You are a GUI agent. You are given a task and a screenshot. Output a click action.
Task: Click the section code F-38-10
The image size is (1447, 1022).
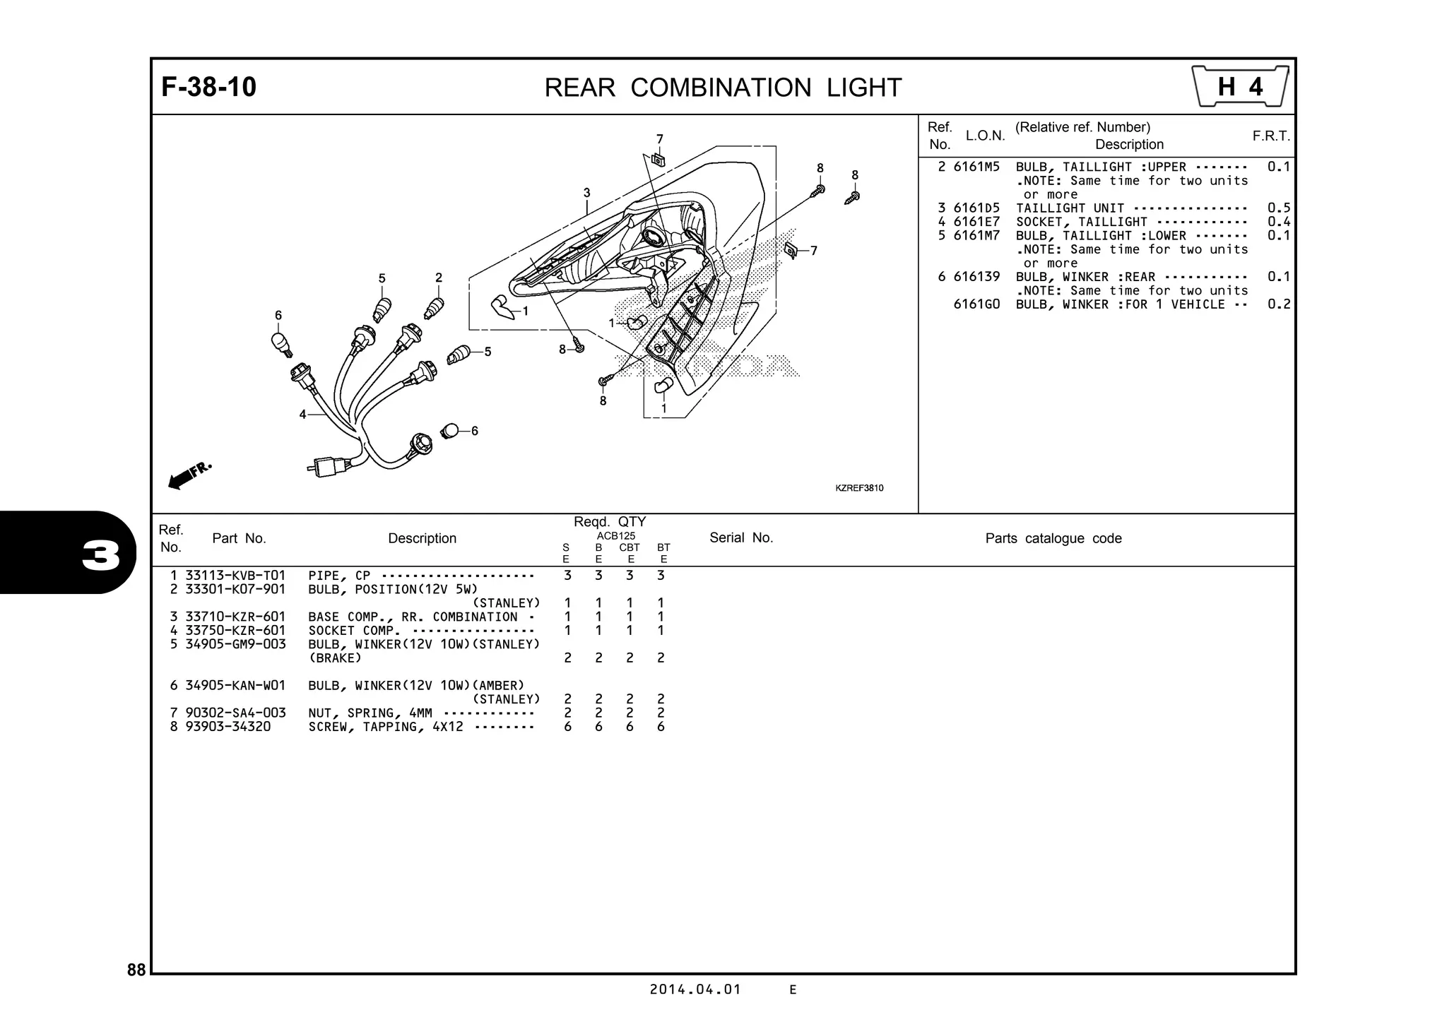pos(209,88)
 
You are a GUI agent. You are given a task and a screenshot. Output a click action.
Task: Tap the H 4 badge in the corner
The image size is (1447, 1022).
pos(1240,87)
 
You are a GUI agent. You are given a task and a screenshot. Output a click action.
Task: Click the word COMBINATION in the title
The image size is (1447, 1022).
pos(721,88)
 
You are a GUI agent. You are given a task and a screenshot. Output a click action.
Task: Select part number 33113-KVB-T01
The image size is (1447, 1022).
pos(235,576)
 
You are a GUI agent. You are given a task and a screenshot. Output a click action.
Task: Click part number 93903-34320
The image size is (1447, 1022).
pos(228,727)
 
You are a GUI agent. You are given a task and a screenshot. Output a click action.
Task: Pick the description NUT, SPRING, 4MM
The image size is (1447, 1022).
pos(370,713)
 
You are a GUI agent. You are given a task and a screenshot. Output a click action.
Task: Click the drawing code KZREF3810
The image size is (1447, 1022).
pos(859,488)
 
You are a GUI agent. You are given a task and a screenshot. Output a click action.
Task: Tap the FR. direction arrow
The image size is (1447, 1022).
pos(188,475)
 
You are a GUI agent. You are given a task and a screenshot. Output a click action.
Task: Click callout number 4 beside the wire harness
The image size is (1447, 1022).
pos(302,415)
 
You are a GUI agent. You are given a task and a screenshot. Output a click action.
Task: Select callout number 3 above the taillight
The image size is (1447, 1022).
pos(586,193)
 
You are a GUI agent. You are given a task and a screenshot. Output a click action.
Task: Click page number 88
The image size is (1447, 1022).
pos(136,970)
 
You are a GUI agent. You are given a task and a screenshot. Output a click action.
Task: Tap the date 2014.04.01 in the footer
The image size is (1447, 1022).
pos(695,990)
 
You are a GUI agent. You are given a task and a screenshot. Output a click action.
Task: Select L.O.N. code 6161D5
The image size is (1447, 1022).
pos(976,208)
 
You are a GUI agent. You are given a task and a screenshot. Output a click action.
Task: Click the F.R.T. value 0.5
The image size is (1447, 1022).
pos(1278,208)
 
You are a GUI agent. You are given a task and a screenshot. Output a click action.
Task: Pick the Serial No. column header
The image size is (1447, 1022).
pos(741,538)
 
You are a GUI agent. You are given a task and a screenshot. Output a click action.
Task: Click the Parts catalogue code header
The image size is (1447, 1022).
pos(1053,539)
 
